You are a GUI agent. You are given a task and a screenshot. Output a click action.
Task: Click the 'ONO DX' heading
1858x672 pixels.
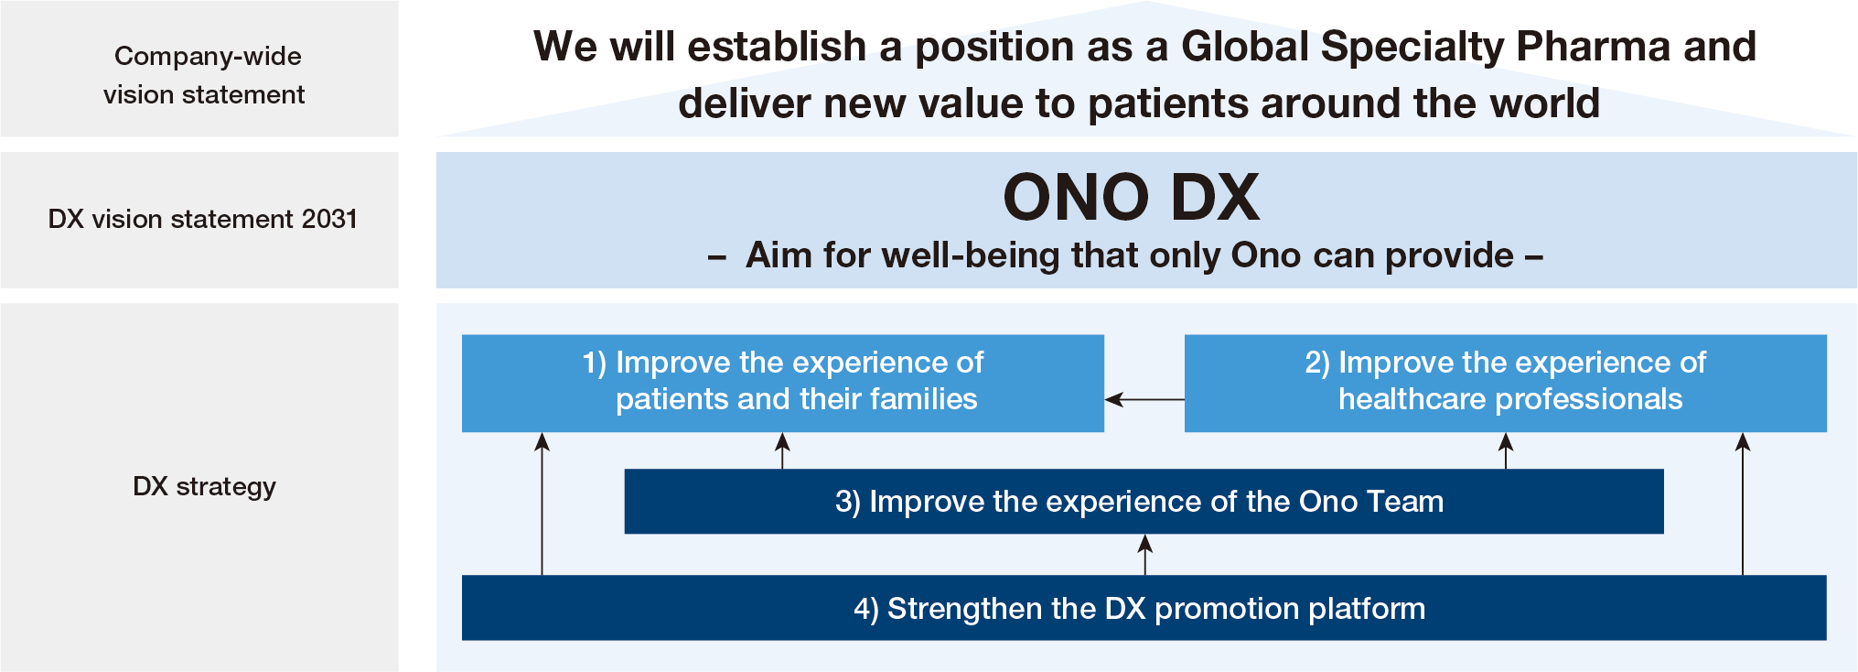pos(1132,197)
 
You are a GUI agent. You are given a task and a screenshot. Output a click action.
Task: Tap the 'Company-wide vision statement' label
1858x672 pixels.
pos(204,75)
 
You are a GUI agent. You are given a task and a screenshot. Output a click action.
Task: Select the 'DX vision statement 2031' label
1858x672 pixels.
pos(202,219)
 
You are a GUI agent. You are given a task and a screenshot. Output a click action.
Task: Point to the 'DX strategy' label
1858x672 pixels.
pos(204,486)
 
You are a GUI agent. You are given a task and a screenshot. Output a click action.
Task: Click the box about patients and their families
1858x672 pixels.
pos(783,383)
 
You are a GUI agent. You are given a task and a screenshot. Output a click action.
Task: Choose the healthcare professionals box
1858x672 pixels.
pos(1506,383)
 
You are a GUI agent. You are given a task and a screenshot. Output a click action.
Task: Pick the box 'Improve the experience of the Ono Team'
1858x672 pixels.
pos(1144,501)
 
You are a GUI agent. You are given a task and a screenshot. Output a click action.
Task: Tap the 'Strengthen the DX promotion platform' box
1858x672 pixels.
pos(1144,608)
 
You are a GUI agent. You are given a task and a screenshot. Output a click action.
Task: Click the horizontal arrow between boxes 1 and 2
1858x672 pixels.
pos(1144,399)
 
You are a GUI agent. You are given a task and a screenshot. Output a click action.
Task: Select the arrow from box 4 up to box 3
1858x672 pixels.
pos(1144,555)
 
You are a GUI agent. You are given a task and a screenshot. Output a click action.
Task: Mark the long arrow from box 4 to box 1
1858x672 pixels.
pos(542,504)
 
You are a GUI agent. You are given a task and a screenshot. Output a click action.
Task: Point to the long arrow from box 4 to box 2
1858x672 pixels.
pos(1743,504)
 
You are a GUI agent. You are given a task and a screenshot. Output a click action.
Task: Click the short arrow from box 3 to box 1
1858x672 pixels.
pos(782,450)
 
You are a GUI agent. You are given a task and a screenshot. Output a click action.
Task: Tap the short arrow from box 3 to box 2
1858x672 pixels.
pos(1506,450)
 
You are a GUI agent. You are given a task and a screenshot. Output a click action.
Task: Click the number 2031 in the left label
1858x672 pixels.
pos(329,219)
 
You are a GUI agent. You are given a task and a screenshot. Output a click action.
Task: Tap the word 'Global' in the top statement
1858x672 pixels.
pos(1245,46)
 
